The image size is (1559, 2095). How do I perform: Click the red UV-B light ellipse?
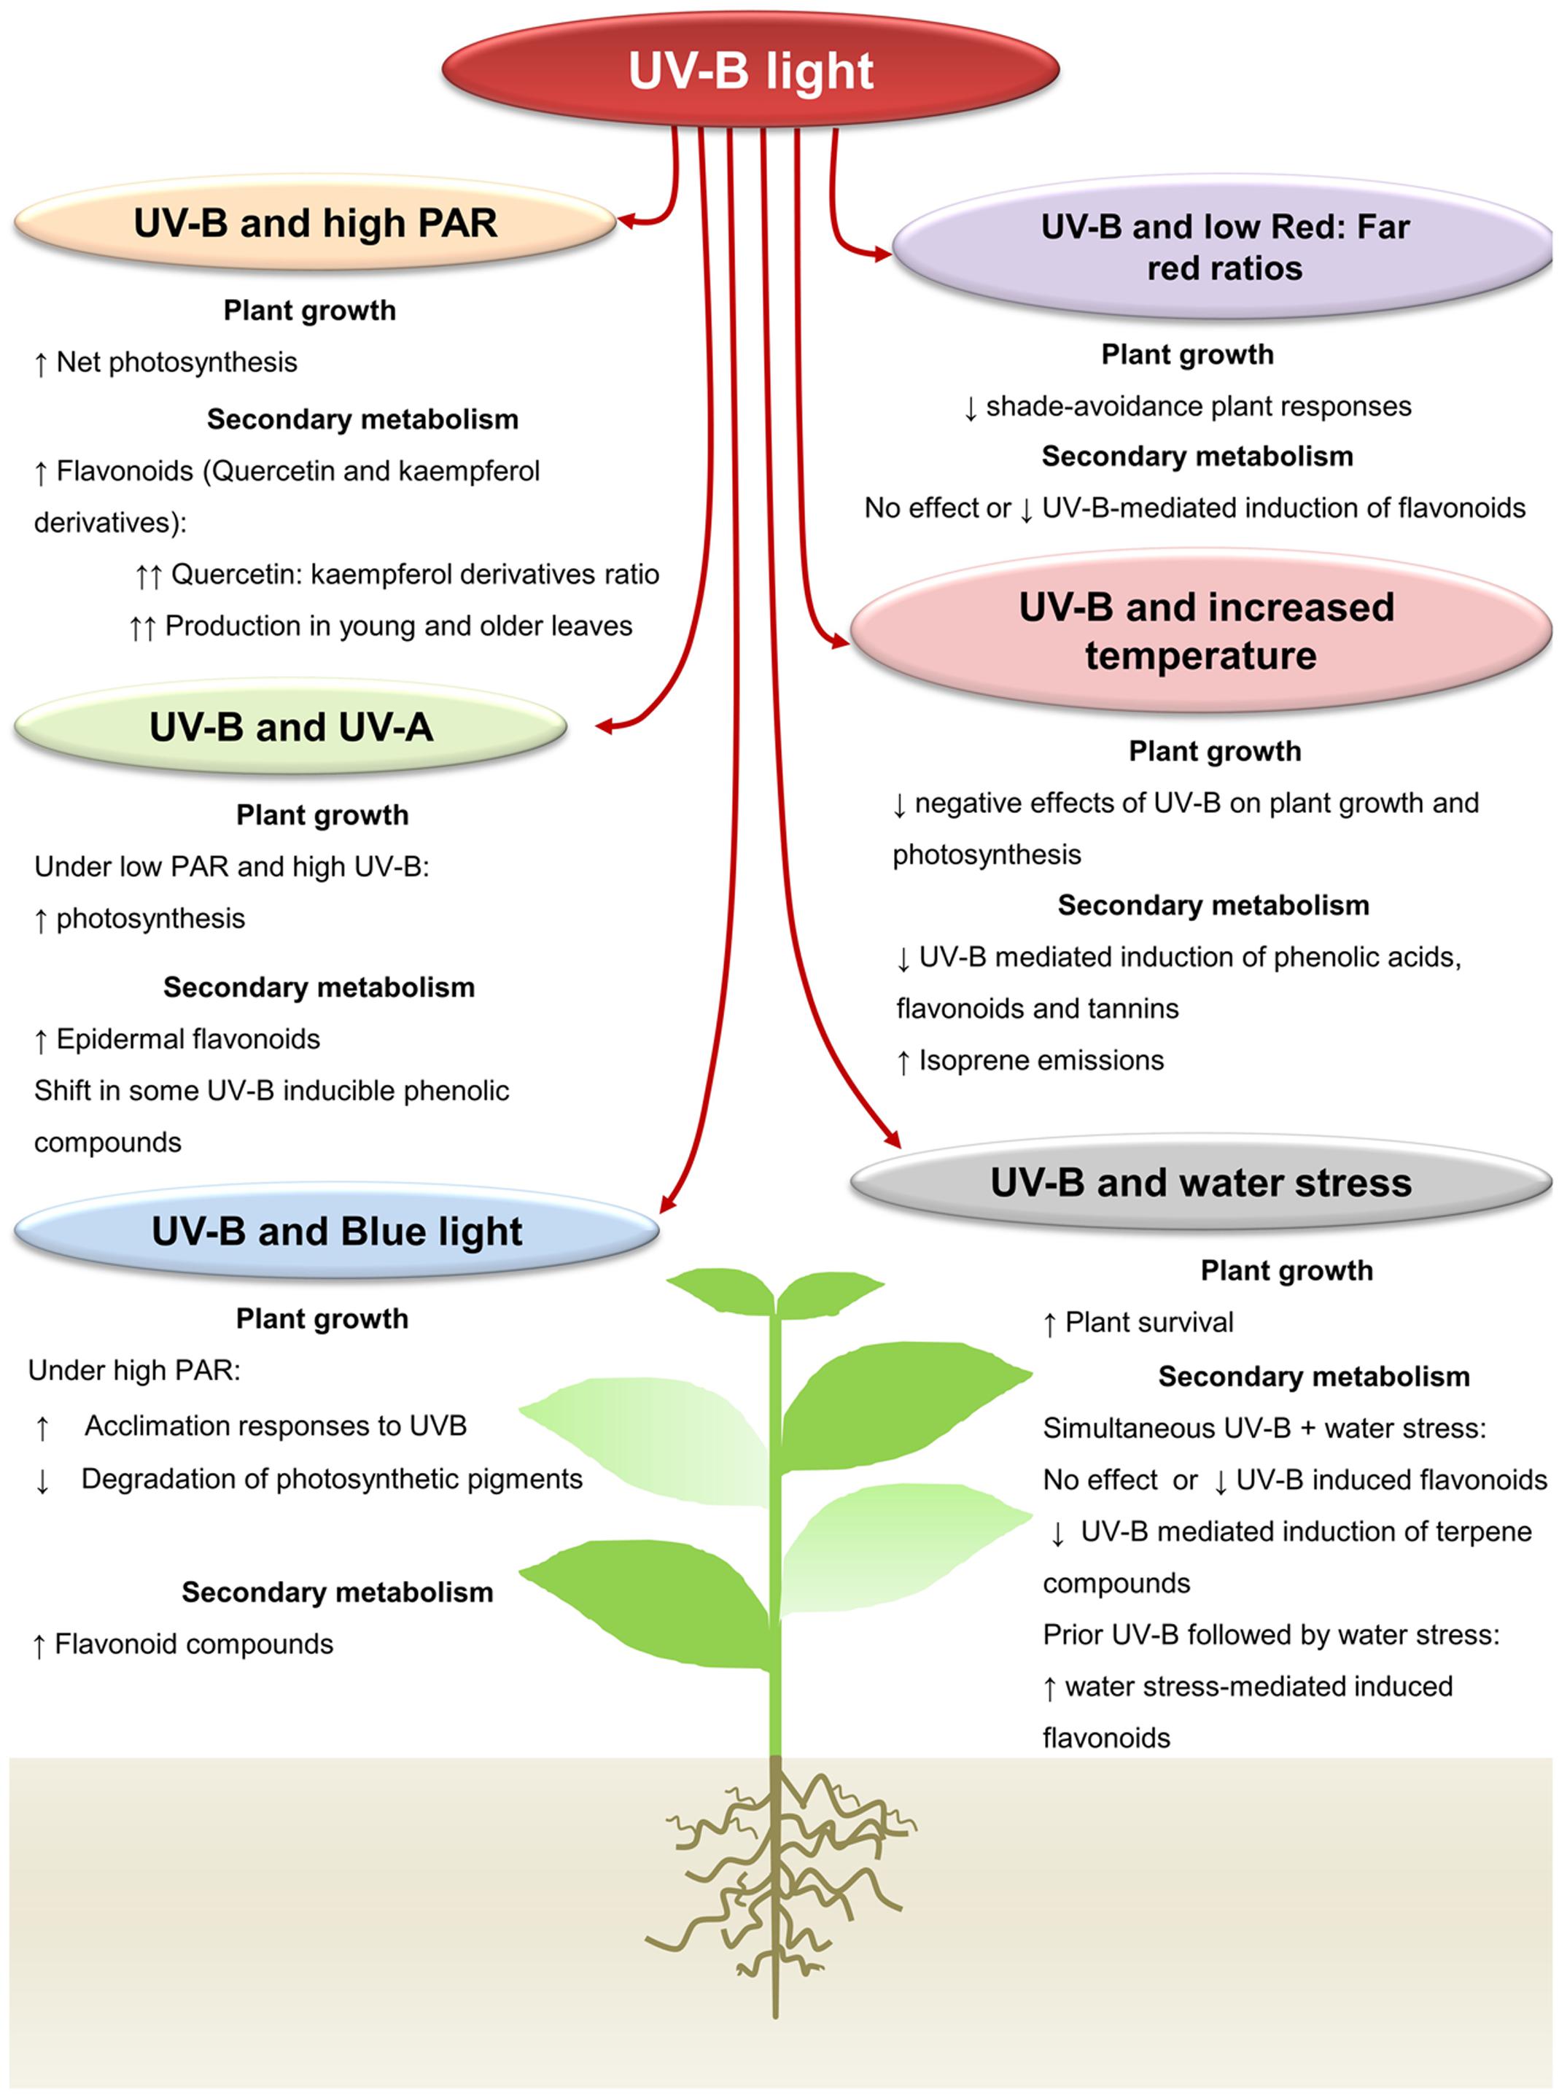pos(750,71)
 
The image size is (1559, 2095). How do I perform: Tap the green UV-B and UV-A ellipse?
pos(291,726)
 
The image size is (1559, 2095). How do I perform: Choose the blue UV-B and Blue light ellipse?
pos(336,1232)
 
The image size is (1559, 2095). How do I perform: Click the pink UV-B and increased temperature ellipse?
pos(1203,630)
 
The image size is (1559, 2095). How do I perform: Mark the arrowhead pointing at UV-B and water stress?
pos(892,1139)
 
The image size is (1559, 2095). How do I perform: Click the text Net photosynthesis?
pos(176,362)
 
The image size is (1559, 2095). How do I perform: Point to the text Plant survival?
pos(1148,1322)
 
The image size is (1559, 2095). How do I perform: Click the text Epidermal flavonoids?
pos(188,1039)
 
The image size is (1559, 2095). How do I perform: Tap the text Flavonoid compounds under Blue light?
pos(193,1644)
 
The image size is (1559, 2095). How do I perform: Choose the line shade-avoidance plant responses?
pos(1199,407)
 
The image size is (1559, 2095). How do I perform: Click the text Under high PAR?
pos(135,1370)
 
